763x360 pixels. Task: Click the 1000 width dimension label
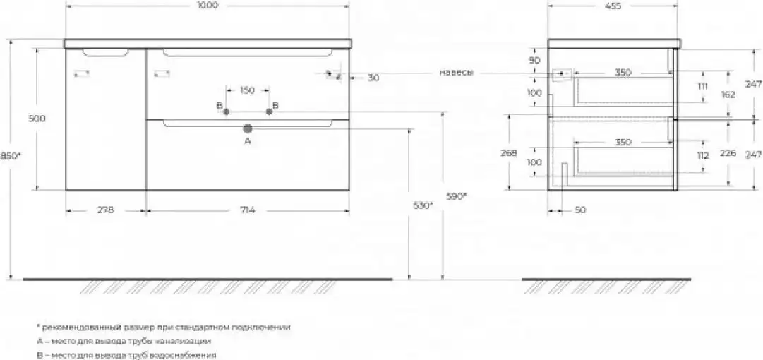pos(208,6)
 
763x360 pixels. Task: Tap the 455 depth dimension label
pos(613,6)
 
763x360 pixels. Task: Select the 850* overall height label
pos(11,156)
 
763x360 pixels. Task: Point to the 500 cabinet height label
pos(37,118)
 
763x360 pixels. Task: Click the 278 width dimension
pos(106,210)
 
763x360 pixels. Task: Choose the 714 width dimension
pos(248,210)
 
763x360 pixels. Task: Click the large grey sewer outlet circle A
pos(248,129)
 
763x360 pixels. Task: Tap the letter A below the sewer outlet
pos(247,141)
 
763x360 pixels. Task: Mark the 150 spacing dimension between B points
pos(247,90)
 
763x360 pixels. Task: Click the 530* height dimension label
pos(422,206)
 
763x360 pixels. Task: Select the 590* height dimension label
pos(456,196)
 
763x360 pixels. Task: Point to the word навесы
pos(457,73)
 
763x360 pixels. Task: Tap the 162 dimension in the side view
pos(728,95)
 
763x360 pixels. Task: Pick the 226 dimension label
pos(728,153)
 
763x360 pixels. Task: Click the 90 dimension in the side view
pos(535,60)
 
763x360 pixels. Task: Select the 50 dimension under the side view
pos(580,210)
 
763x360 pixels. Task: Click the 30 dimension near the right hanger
pos(373,78)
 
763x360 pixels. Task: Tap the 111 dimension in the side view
pos(703,87)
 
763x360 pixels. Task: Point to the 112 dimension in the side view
pos(703,156)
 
